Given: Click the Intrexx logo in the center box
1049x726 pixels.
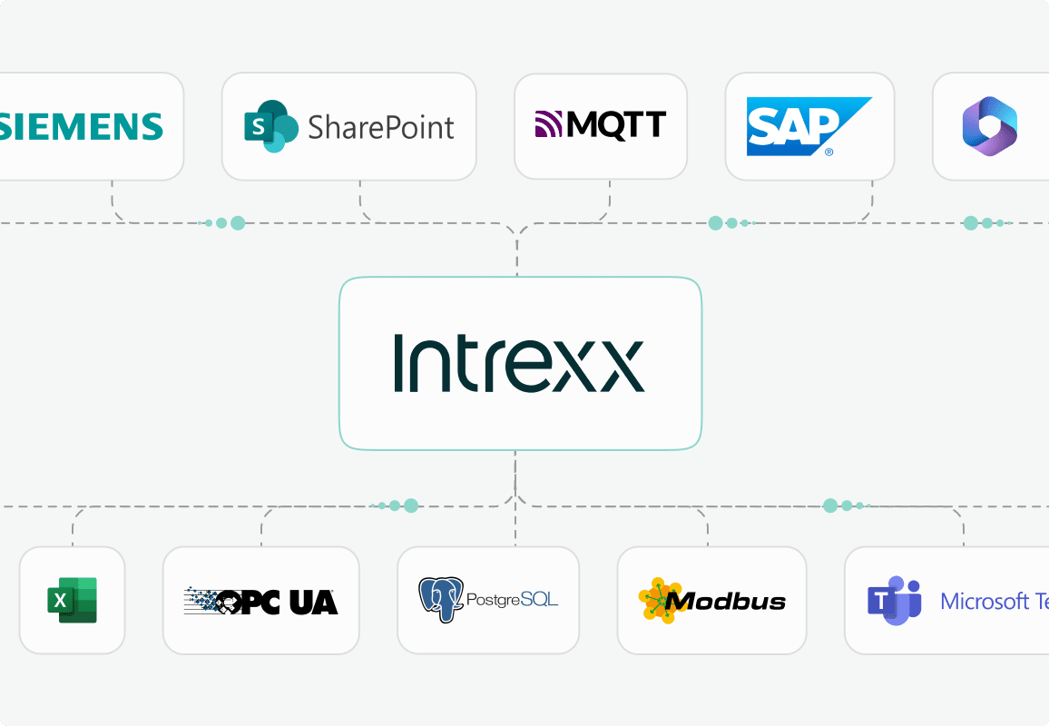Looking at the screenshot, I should point(519,363).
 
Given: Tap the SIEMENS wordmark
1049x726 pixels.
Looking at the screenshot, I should point(82,126).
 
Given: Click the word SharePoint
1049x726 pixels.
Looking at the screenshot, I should point(381,127).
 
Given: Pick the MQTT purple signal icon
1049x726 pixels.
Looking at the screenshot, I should point(550,124).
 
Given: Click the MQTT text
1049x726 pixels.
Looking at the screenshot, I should point(616,124).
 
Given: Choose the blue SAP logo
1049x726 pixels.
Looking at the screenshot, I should point(807,125).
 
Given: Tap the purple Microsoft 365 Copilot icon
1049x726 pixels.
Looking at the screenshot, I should point(989,126).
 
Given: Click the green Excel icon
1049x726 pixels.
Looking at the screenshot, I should point(72,600).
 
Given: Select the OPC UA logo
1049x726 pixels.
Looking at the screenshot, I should point(260,600).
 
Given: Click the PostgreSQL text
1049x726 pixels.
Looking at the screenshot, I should point(513,600).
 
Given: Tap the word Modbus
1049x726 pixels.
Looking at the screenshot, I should point(725,601).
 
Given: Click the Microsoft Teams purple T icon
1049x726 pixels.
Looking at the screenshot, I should point(894,600).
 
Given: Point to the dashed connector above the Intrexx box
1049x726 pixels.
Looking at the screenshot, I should point(517,254).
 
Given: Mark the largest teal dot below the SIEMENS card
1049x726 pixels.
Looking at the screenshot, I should point(238,222).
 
